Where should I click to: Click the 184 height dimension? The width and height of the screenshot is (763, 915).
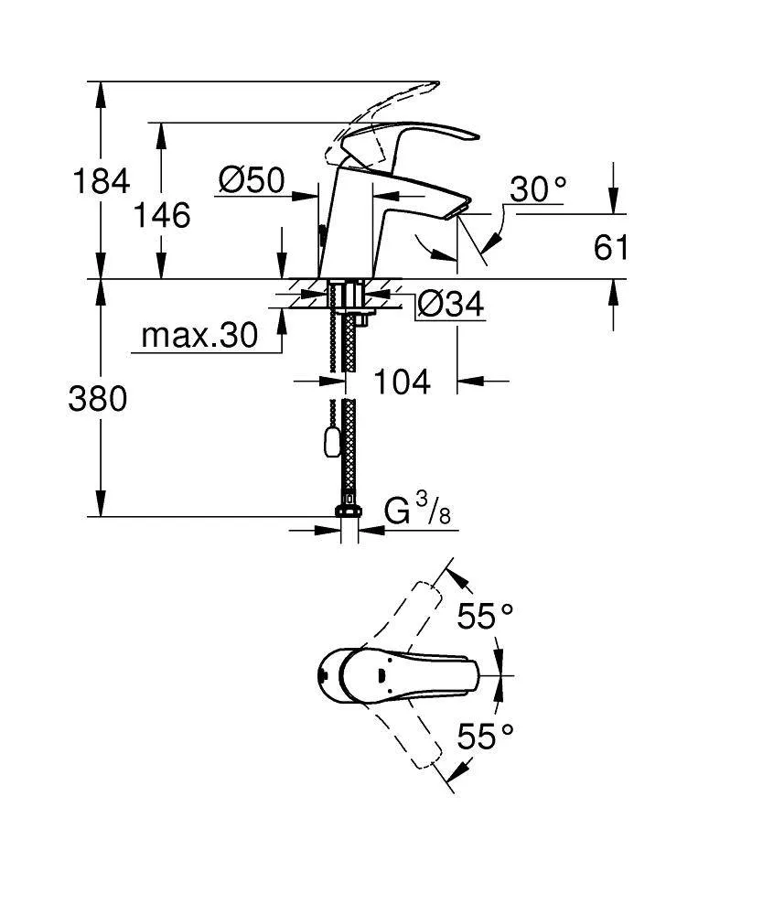[101, 181]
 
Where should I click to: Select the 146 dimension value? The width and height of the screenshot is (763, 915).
[162, 215]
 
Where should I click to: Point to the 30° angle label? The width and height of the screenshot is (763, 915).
[538, 189]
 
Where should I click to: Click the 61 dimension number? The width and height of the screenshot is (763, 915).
[610, 248]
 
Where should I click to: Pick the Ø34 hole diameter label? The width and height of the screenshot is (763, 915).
[451, 304]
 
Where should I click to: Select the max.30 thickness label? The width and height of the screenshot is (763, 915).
[199, 336]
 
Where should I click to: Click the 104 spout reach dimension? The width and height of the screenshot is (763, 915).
[402, 382]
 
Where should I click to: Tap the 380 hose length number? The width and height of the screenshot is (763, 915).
[97, 400]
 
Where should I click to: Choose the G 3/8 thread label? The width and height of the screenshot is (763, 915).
[417, 509]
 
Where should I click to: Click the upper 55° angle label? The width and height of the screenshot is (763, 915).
[485, 616]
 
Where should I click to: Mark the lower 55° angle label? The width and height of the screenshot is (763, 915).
[485, 736]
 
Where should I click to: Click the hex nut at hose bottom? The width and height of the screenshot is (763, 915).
[349, 511]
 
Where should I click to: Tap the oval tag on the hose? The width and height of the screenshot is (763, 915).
[328, 441]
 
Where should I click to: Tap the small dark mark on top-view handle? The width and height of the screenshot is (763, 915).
[381, 676]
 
